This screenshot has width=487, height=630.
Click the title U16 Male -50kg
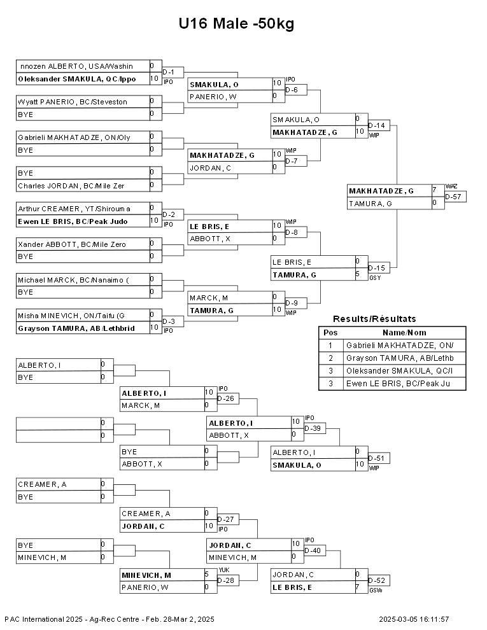point(236,24)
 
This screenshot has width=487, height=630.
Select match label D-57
point(453,197)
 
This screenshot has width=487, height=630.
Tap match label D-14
point(376,126)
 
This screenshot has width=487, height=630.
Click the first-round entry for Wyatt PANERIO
point(73,102)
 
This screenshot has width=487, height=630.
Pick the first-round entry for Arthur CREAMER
point(74,209)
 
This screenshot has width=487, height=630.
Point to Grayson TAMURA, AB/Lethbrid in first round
point(76,328)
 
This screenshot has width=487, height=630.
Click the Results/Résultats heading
point(374,319)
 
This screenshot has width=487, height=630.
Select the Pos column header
point(330,333)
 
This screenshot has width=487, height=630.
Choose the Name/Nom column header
point(404,333)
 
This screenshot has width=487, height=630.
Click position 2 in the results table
point(330,358)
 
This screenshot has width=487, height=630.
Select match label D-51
point(376,458)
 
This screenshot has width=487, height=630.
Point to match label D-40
point(313,550)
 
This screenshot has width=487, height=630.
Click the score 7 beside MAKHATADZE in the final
point(435,190)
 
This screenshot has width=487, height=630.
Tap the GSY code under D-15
point(375,278)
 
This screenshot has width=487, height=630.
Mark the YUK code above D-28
point(224,570)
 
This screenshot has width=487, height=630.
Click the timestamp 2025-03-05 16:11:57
point(414,619)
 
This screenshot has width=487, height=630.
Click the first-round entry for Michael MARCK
point(73,280)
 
